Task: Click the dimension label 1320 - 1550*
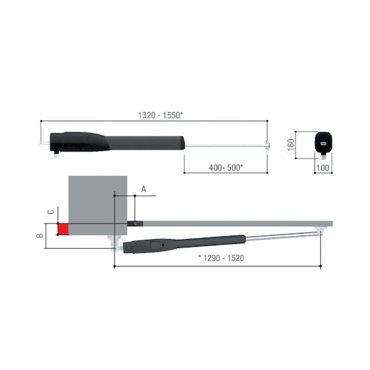pyautogui.click(x=160, y=115)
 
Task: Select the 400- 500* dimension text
pyautogui.click(x=226, y=168)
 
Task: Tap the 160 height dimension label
pyautogui.click(x=291, y=145)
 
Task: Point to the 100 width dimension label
pyautogui.click(x=323, y=168)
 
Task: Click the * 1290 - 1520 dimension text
pyautogui.click(x=221, y=258)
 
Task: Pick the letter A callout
pyautogui.click(x=143, y=189)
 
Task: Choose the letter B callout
pyautogui.click(x=40, y=236)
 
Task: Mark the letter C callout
pyautogui.click(x=51, y=212)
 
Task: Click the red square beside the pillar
pyautogui.click(x=63, y=230)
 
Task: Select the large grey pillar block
pyautogui.click(x=98, y=206)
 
